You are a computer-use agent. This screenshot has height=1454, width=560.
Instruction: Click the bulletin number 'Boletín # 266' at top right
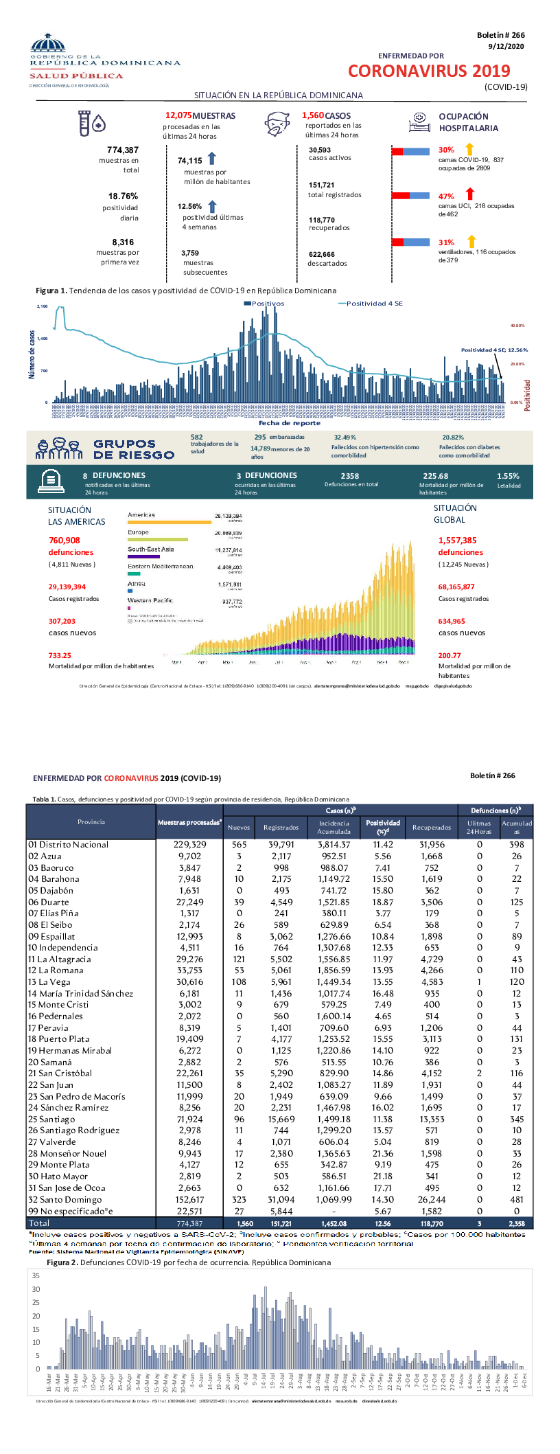[x=500, y=35]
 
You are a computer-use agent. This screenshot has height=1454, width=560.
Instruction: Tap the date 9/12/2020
[x=506, y=46]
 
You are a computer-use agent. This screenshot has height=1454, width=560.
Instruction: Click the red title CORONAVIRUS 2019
[x=429, y=71]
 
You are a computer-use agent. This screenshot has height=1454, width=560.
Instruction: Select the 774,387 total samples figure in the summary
[x=123, y=150]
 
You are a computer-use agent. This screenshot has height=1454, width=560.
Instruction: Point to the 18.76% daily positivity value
[x=123, y=196]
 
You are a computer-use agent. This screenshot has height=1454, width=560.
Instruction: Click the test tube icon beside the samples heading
[x=83, y=124]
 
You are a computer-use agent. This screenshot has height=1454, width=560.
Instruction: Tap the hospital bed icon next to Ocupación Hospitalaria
[x=419, y=122]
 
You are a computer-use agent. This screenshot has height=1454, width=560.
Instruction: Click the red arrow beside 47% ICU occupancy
[x=470, y=195]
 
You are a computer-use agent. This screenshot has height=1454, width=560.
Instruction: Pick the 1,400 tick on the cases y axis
[x=43, y=339]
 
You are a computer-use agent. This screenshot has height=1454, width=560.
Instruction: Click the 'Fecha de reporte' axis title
[x=290, y=423]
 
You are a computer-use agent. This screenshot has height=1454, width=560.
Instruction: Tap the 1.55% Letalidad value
[x=508, y=476]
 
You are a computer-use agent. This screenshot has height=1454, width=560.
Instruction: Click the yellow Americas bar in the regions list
[x=170, y=522]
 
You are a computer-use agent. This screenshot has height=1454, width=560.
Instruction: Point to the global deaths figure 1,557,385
[x=457, y=541]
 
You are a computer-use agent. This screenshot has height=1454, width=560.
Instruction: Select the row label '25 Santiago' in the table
[x=51, y=1119]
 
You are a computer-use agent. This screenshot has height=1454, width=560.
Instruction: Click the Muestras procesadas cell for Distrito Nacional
[x=189, y=845]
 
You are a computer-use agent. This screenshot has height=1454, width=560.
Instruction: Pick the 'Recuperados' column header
[x=432, y=827]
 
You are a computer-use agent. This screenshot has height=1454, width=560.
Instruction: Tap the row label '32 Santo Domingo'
[x=65, y=1199]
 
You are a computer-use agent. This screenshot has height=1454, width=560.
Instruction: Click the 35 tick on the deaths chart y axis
[x=36, y=1275]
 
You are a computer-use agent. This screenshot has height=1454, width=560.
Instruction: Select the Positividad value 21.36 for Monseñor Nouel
[x=383, y=1153]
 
